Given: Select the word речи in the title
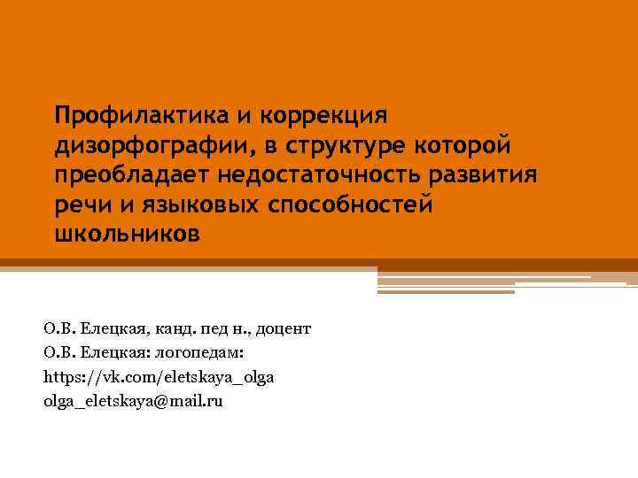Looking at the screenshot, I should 80,204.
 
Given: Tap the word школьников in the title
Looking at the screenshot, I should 127,235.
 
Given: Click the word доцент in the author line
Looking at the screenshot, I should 285,329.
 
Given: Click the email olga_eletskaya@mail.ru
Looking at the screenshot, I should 133,401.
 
